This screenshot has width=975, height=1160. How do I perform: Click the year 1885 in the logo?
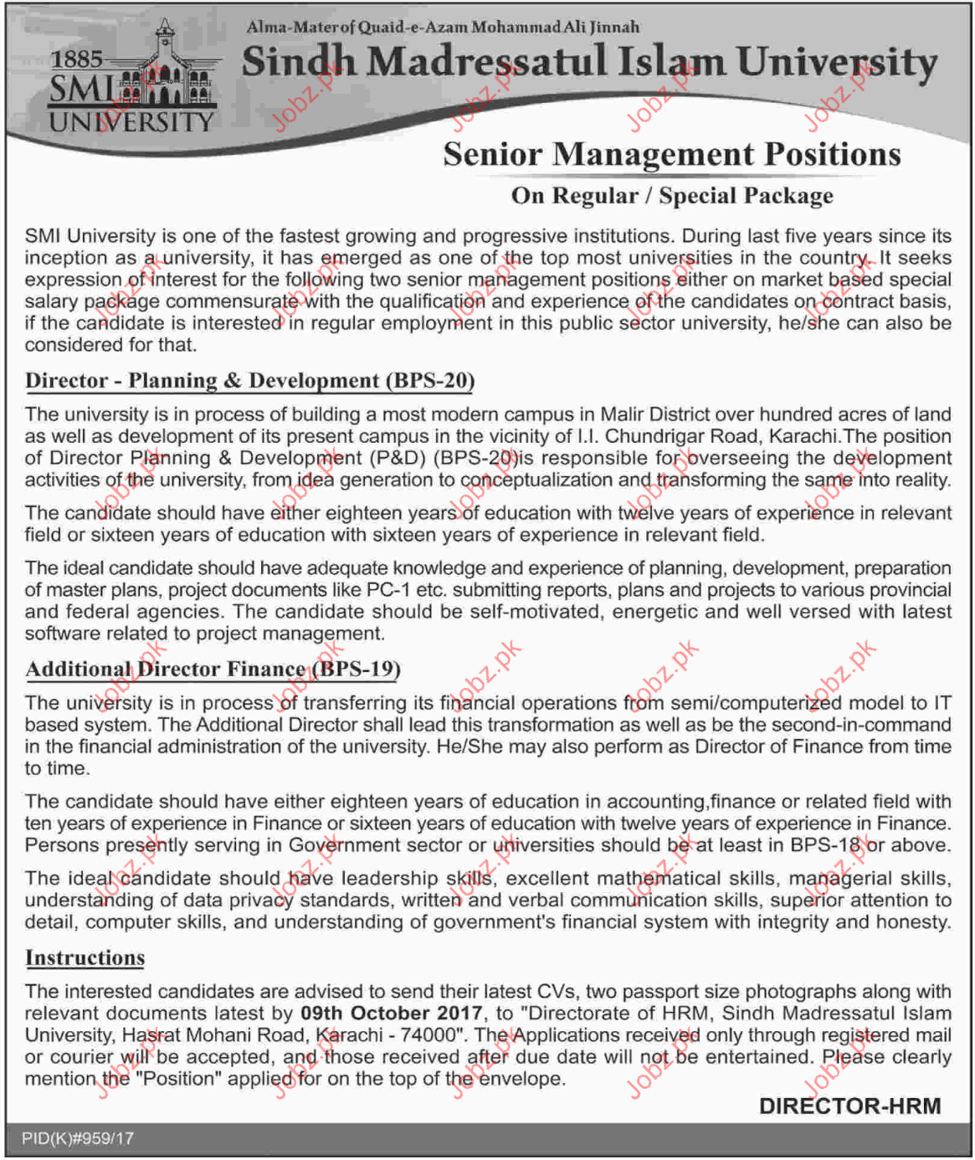pos(76,59)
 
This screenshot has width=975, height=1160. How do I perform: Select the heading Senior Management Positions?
pos(671,154)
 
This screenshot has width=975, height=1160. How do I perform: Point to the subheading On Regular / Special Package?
pos(671,196)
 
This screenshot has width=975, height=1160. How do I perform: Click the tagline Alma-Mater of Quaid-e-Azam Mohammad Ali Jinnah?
pos(443,27)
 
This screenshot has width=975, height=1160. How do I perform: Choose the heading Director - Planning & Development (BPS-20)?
pos(249,381)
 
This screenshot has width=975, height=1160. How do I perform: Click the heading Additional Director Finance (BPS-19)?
pos(213,670)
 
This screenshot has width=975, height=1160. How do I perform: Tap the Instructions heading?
pos(85,958)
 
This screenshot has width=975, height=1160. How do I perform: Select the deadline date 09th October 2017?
pos(392,1014)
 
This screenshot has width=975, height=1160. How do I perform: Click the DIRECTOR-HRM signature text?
pos(849,1106)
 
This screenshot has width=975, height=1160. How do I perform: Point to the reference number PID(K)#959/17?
pos(77,1139)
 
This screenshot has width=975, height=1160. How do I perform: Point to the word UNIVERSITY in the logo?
pos(131,122)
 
